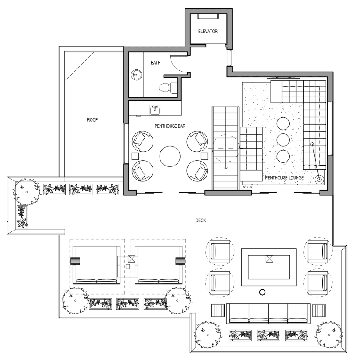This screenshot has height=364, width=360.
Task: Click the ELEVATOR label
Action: (207, 32)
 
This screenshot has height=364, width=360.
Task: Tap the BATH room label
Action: (156, 63)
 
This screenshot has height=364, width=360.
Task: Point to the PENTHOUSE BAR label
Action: (170, 126)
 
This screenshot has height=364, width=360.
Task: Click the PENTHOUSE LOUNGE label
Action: (283, 178)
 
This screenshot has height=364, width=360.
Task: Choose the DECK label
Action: (200, 220)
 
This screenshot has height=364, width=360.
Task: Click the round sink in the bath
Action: (136, 75)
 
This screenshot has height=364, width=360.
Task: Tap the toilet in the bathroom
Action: (166, 86)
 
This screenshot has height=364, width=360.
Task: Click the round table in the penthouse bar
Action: (170, 156)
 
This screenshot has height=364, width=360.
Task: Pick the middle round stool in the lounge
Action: (283, 140)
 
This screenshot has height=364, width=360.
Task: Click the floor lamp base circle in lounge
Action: (319, 179)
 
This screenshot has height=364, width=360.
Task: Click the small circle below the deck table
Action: (263, 292)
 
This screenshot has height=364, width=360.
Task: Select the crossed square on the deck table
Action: (269, 259)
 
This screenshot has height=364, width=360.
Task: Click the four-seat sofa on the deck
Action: (268, 314)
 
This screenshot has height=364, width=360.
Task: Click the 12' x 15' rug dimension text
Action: (248, 187)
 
